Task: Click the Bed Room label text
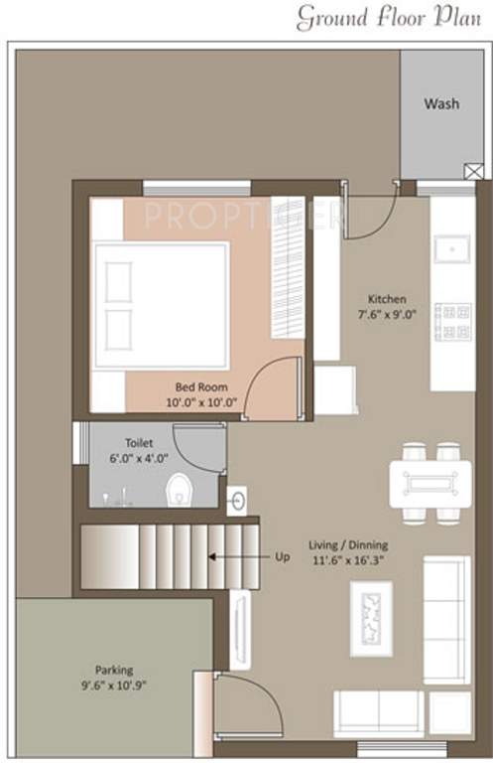(202, 386)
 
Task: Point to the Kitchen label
(387, 299)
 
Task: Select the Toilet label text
(138, 442)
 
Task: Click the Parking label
(114, 670)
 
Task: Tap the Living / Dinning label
(348, 545)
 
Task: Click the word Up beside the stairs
(283, 557)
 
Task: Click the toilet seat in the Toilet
(179, 489)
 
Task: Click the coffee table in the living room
(371, 618)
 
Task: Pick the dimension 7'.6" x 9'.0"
(386, 315)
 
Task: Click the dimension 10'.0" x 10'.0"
(202, 402)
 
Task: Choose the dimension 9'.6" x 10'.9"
(114, 686)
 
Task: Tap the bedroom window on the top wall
(196, 188)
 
